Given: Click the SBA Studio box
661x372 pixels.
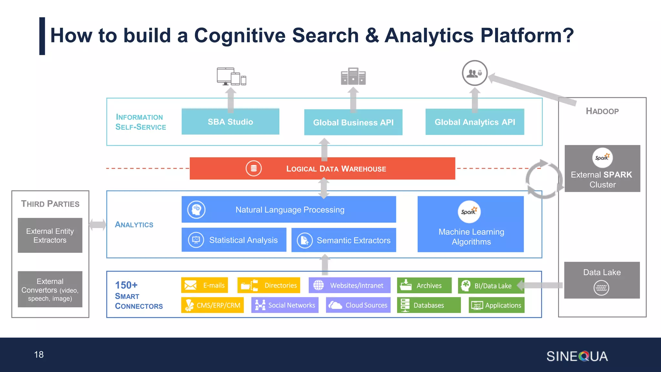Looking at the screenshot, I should click(x=230, y=122).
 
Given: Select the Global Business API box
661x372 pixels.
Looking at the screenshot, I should click(x=353, y=122).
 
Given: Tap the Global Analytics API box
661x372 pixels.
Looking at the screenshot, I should click(x=474, y=122).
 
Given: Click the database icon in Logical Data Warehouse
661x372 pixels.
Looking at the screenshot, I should click(x=254, y=168).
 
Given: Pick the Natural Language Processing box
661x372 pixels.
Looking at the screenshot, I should click(x=289, y=210).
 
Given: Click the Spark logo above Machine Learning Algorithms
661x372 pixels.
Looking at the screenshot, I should click(x=469, y=212).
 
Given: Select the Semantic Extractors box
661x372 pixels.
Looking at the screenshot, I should click(x=343, y=240).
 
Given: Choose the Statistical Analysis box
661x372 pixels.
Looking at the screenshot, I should click(x=234, y=240).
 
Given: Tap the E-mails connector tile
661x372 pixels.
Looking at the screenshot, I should click(x=204, y=285).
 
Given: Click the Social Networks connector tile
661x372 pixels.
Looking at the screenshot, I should click(x=285, y=305).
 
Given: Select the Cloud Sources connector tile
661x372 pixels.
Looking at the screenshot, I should click(x=358, y=305).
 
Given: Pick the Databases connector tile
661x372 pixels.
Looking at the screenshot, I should click(x=429, y=305).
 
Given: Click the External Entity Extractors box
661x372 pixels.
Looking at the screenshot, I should click(x=50, y=235).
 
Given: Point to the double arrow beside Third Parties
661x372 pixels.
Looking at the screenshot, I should click(x=97, y=224).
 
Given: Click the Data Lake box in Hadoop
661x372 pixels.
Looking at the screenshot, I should click(x=602, y=280).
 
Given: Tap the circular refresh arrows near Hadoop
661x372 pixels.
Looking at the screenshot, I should click(x=544, y=179).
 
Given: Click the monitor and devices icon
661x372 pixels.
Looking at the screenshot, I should click(x=231, y=77).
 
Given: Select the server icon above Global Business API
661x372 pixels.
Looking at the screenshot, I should click(x=353, y=76).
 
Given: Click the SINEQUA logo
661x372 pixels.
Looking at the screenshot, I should click(x=577, y=356).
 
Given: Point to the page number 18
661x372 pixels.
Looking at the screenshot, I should click(x=39, y=355).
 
